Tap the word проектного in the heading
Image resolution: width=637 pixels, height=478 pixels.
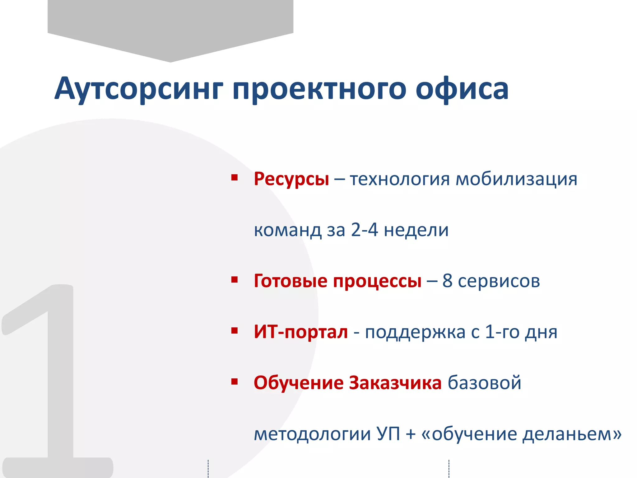[x=319, y=89]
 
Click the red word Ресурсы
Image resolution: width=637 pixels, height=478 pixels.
[x=291, y=179]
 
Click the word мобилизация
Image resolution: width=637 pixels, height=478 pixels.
[x=516, y=179]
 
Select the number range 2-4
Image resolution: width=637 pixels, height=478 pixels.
[x=364, y=230]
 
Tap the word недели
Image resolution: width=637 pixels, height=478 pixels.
[x=416, y=230]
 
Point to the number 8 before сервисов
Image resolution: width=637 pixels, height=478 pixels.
[x=447, y=281]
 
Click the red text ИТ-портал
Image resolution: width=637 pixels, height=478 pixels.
[x=301, y=332]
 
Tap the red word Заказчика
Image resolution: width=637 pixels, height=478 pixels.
[x=395, y=383]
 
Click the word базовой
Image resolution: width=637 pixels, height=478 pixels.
[x=484, y=383]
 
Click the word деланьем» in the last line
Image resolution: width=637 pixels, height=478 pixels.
[x=572, y=433]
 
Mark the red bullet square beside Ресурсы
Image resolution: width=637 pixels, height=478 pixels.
[x=235, y=178]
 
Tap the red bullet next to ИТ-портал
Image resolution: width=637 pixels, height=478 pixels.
[x=235, y=330]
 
